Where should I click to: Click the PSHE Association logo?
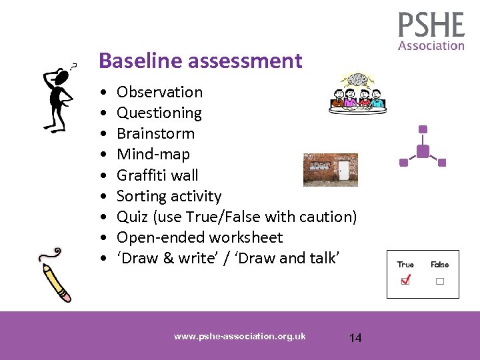(x=431, y=31)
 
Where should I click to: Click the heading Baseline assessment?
(x=200, y=61)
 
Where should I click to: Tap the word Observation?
(x=159, y=92)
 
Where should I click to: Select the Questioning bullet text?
(x=159, y=113)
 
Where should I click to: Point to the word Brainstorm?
(x=155, y=133)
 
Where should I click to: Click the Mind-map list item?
(x=153, y=154)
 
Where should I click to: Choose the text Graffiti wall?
(x=157, y=175)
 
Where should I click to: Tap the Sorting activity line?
(x=169, y=196)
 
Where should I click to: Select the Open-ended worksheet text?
(x=199, y=237)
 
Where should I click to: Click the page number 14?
(x=355, y=338)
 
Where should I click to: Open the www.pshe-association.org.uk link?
(x=239, y=336)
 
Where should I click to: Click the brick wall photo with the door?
(x=330, y=169)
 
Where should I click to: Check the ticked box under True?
(x=405, y=281)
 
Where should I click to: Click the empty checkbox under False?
(x=440, y=281)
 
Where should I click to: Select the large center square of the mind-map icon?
(x=423, y=151)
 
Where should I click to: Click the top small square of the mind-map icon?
(x=423, y=129)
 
